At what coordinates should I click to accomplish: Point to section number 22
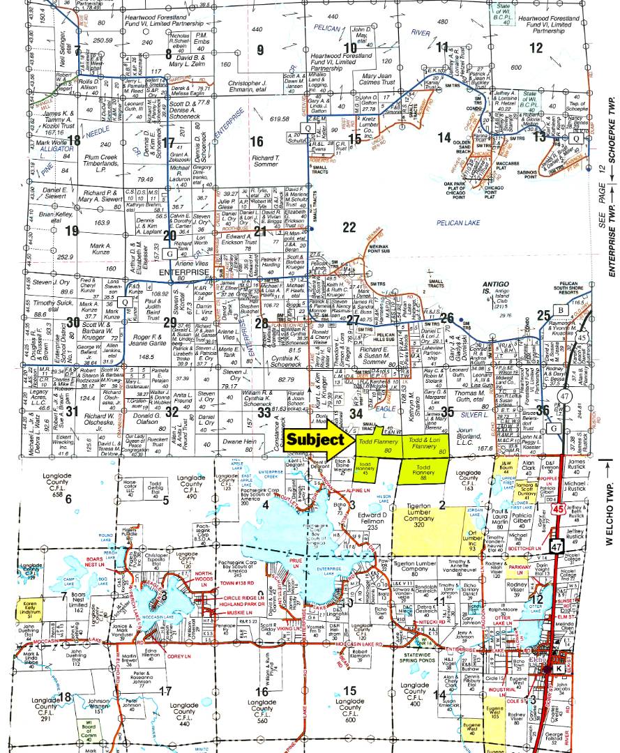coord(349,227)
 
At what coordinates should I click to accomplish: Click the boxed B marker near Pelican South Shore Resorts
coord(559,309)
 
